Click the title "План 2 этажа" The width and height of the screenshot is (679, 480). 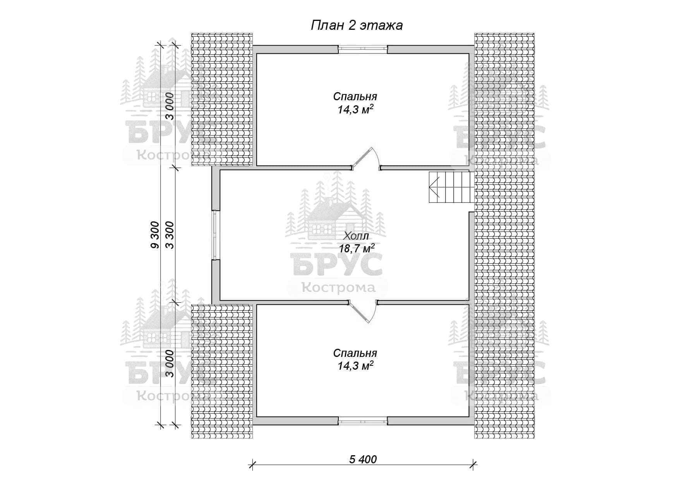click(x=357, y=26)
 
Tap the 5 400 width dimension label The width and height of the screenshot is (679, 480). click(x=363, y=459)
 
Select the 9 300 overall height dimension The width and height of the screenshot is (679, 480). click(x=155, y=235)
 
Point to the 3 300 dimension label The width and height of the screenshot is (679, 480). click(x=170, y=235)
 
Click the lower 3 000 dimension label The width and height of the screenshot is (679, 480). click(x=170, y=363)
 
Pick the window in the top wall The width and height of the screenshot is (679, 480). click(x=363, y=48)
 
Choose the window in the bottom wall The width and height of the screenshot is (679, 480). click(x=363, y=420)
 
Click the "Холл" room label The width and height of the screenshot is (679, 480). click(x=356, y=236)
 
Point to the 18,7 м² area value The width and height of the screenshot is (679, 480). click(x=357, y=248)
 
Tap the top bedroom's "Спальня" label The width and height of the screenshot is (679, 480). click(x=355, y=96)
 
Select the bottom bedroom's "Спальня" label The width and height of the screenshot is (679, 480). click(x=355, y=353)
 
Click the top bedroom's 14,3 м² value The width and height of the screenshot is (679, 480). click(x=355, y=110)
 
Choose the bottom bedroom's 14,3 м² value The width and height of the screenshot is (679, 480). click(x=355, y=365)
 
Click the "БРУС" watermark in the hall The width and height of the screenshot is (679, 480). click(x=337, y=265)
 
